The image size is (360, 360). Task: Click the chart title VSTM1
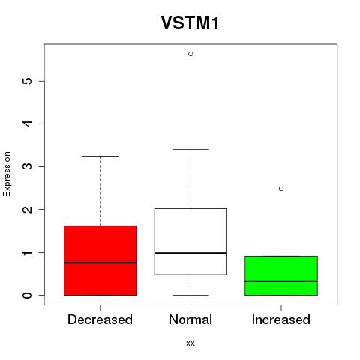190,23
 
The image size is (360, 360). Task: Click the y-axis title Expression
7,174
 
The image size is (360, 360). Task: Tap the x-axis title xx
190,343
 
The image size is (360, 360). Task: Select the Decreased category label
100,319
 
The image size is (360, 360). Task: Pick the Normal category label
190,319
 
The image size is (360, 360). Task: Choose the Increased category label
281,319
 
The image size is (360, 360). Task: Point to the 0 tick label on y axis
28,295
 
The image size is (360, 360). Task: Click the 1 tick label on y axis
28,253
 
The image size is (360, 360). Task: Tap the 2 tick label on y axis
28,209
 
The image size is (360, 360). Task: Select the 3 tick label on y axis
28,166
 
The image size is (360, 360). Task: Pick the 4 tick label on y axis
28,124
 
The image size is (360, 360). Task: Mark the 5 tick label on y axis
28,81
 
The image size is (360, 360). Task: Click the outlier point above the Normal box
190,54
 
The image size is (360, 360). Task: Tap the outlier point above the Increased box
281,189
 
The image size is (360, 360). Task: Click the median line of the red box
100,262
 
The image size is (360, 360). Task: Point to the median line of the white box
190,253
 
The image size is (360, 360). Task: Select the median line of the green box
281,281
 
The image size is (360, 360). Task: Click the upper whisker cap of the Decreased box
100,156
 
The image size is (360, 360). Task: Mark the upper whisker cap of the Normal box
190,149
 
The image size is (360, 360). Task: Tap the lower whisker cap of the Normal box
190,295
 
